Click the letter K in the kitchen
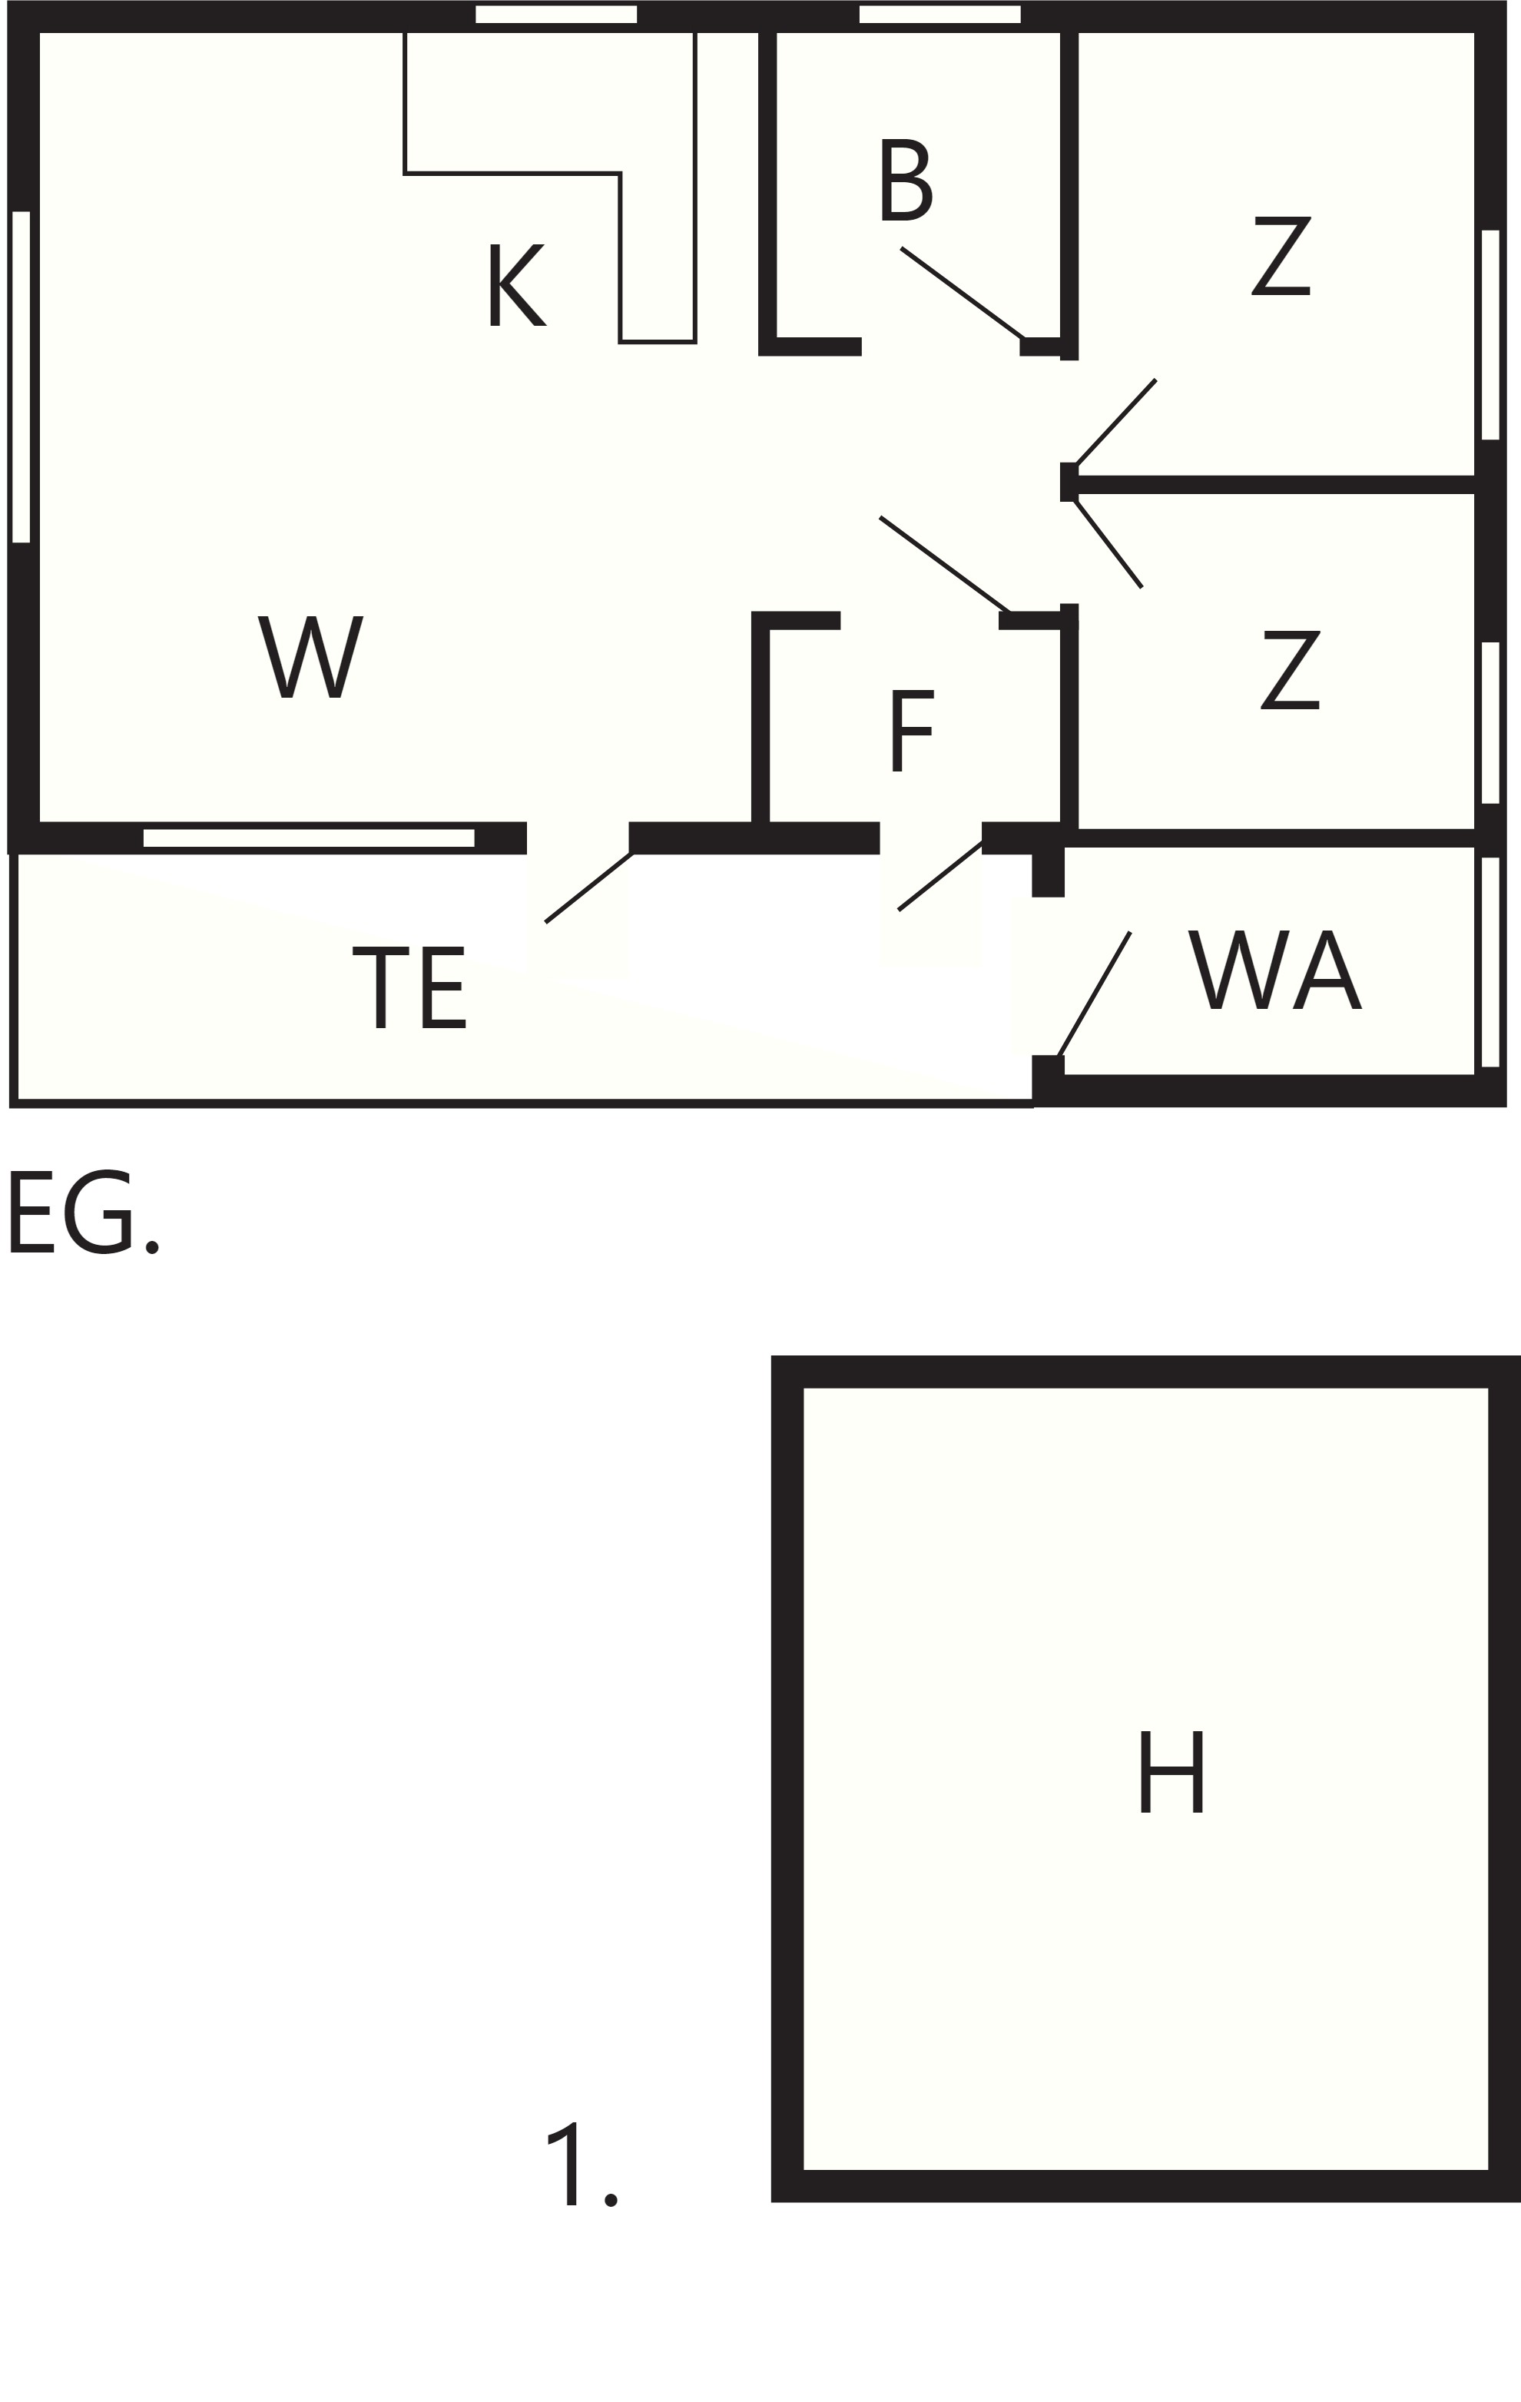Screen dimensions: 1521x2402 [x=517, y=285]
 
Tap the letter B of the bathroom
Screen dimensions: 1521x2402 [x=906, y=180]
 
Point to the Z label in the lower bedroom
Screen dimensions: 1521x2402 [x=1291, y=669]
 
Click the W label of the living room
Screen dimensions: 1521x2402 [x=310, y=656]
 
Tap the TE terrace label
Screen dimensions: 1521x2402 [x=409, y=987]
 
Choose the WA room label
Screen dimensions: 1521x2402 [x=1274, y=970]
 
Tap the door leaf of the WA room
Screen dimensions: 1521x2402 [x=1094, y=994]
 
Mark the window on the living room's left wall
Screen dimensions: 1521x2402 [x=21, y=377]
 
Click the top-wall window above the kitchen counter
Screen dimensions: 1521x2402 [x=555, y=14]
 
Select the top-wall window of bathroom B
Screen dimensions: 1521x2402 [x=939, y=14]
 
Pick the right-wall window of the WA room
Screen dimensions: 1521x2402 [x=1490, y=961]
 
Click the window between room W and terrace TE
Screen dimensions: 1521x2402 [x=308, y=838]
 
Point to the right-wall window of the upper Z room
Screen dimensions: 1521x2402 [x=1490, y=334]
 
